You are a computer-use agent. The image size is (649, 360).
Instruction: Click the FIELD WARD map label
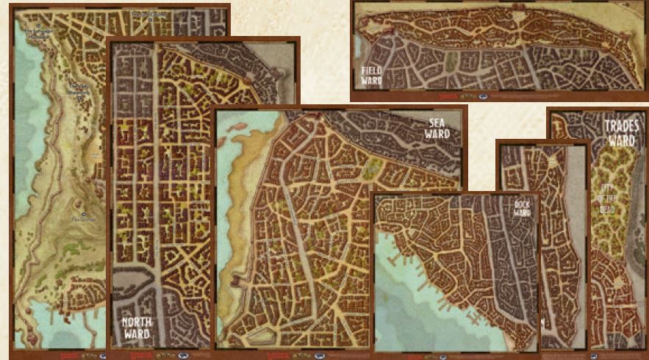click(371, 75)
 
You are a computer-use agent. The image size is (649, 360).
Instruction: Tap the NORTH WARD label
click(137, 328)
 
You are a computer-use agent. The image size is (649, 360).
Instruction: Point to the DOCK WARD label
click(523, 208)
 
